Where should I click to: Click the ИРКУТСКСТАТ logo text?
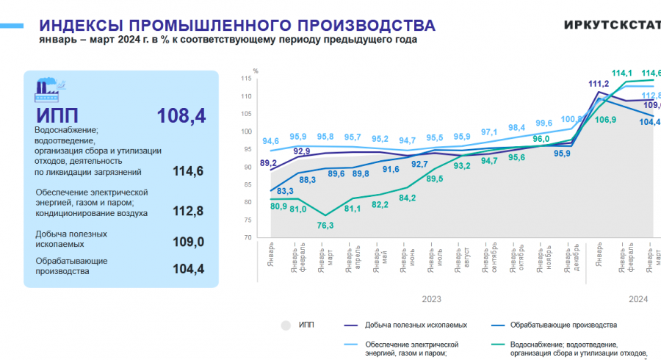coord(612,24)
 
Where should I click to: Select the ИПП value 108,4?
coord(181,115)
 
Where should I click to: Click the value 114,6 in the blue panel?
coord(187,172)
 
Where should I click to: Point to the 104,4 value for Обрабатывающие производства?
coord(187,270)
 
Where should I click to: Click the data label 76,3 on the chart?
coord(325,226)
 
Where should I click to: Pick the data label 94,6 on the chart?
coord(270,141)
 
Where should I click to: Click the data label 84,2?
coord(408,198)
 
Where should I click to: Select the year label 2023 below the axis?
coord(432,299)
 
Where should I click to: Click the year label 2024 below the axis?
coord(638,299)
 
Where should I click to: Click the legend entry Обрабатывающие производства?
coord(563,324)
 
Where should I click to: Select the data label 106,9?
coord(604,120)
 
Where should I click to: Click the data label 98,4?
coord(516,128)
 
